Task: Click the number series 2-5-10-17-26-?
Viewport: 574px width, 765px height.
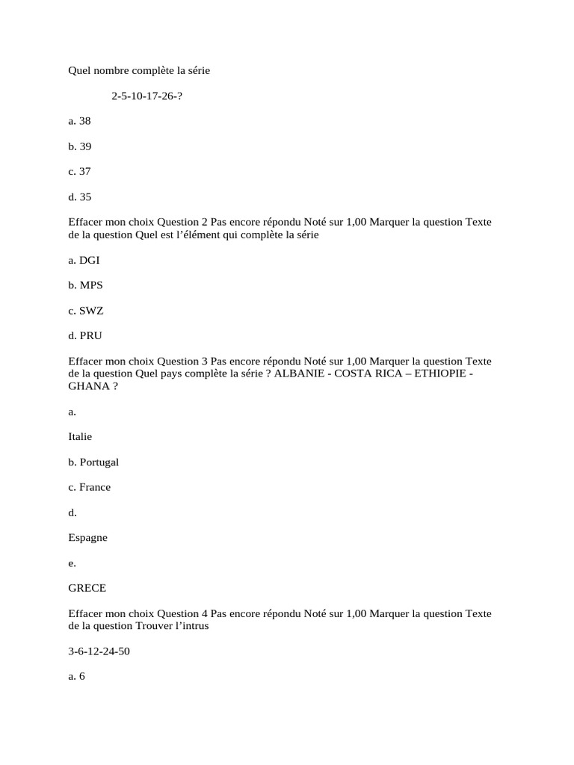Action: point(146,96)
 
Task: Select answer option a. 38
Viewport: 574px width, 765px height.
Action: point(79,120)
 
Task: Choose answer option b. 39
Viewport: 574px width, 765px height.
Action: point(79,146)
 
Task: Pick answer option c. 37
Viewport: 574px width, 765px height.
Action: point(79,171)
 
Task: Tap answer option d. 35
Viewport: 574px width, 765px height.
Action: point(79,197)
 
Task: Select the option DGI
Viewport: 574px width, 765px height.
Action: point(84,260)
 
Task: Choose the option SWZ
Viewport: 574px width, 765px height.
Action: point(85,310)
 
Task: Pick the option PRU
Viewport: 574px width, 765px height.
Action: point(84,335)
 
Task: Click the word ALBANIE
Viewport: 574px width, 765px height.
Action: point(299,374)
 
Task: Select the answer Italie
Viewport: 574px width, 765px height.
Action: point(80,436)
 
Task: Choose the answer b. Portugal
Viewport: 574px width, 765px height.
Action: point(93,462)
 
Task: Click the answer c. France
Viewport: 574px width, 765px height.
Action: point(89,487)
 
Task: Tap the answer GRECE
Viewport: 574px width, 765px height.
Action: point(87,588)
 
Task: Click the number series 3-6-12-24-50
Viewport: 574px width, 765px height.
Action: point(99,651)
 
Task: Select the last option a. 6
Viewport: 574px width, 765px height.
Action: point(77,677)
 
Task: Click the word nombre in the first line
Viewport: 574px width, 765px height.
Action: point(111,71)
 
